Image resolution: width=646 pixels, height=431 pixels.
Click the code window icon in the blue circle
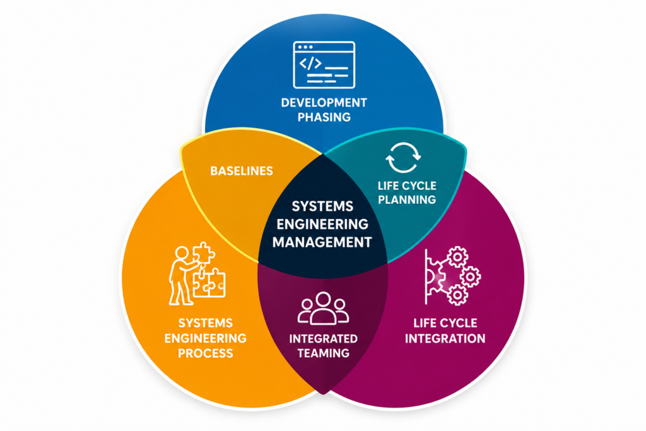324,65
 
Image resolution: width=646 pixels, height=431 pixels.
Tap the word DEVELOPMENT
324,103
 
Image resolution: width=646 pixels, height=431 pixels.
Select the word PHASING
324,117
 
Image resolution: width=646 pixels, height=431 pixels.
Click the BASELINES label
242,171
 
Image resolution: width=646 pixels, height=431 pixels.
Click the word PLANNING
407,200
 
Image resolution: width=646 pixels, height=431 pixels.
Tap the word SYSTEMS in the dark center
322,206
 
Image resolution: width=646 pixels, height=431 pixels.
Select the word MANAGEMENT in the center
322,242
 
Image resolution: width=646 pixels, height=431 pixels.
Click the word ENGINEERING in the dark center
322,224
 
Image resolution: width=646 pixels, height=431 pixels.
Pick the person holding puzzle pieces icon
197,274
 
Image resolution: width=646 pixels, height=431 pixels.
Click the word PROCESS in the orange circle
205,353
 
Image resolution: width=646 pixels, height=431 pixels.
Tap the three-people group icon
323,308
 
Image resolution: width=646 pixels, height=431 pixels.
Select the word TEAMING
324,353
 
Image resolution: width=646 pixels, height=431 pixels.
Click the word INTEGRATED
324,339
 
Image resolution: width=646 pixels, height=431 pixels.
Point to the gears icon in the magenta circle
453,276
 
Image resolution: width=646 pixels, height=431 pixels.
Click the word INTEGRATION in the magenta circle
445,339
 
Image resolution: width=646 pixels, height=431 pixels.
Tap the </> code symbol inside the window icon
310,64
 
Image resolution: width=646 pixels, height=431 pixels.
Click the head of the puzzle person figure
182,253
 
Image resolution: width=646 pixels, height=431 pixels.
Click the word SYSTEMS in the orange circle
205,323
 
